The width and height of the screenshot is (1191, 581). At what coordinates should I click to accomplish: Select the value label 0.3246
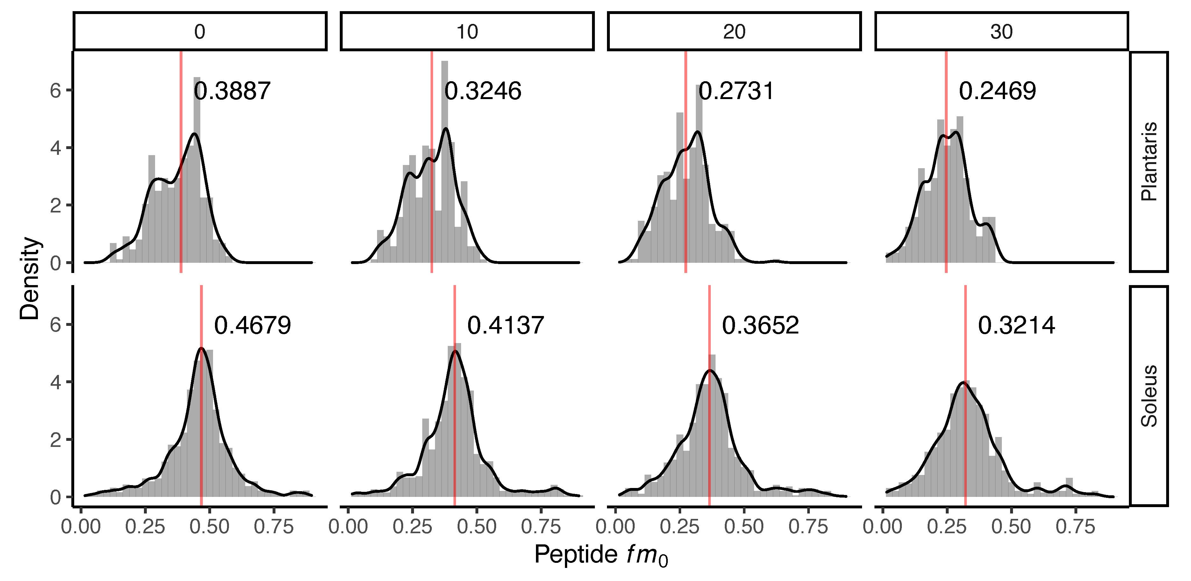click(x=483, y=91)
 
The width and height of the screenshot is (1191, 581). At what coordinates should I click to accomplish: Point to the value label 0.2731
click(x=736, y=91)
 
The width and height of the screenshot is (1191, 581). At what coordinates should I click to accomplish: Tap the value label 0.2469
click(x=997, y=91)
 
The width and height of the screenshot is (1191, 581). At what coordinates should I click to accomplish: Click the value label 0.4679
click(x=253, y=326)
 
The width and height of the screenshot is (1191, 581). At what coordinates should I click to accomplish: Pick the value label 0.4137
click(x=505, y=326)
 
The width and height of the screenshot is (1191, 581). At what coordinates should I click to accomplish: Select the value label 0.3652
click(x=760, y=326)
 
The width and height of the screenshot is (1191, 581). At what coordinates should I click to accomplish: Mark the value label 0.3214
click(x=1016, y=326)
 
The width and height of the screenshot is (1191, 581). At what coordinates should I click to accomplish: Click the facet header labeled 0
click(x=200, y=32)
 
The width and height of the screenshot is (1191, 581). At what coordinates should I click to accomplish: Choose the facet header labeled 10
click(x=467, y=32)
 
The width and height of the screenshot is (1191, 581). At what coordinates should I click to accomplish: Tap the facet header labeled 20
click(x=734, y=32)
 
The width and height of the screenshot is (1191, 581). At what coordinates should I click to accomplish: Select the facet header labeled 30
click(x=1002, y=32)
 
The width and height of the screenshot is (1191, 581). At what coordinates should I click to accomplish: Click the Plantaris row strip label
click(x=1149, y=161)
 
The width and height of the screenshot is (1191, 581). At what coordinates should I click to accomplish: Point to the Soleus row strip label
click(x=1149, y=396)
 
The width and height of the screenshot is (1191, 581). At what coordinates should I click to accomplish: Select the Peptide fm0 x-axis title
click(x=601, y=555)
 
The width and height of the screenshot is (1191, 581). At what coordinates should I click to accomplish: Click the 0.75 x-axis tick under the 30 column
click(x=1075, y=527)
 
